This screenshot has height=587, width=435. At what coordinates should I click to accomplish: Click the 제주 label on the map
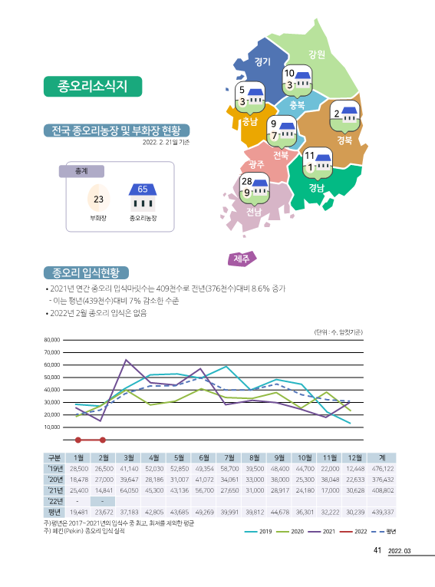tap(242, 259)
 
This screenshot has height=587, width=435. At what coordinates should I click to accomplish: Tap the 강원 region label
tap(317, 54)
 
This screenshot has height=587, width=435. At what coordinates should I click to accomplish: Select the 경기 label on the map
tap(262, 61)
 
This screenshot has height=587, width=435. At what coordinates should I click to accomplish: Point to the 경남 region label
tap(316, 187)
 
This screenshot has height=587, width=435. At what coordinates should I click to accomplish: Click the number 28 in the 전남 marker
tap(247, 181)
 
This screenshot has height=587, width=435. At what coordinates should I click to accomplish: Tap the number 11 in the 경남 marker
tap(309, 155)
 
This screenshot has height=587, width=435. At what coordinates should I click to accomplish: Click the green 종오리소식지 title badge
tap(93, 87)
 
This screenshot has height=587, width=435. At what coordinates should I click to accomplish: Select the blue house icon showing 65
tap(143, 197)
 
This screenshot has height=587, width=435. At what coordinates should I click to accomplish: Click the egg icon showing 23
tap(98, 199)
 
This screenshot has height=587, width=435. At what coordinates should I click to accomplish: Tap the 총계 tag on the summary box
tap(81, 171)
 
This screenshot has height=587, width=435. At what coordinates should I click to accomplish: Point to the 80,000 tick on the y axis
tap(52, 340)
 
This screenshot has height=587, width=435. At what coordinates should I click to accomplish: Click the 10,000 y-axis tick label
tap(52, 427)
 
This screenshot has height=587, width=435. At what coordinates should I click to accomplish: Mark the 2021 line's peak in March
tap(126, 360)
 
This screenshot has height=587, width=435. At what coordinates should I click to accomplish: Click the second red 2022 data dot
tap(103, 440)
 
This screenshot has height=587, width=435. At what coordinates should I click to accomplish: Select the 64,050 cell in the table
tap(129, 490)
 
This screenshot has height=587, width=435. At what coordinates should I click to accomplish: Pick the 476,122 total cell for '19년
tap(382, 469)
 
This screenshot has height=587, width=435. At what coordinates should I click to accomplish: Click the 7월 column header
tap(229, 458)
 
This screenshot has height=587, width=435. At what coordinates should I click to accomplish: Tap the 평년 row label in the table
tap(54, 512)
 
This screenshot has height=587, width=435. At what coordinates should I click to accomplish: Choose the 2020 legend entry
tap(291, 532)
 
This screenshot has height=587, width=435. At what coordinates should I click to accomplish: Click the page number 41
tap(377, 550)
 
